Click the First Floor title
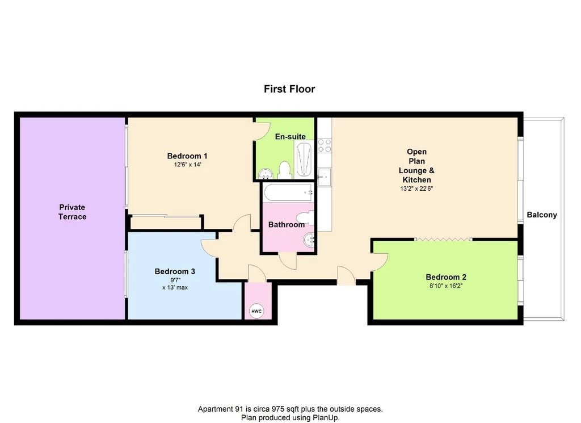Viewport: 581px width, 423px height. coord(289,89)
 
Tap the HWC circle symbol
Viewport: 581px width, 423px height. coord(256,311)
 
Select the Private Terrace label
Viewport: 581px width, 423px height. coord(72,212)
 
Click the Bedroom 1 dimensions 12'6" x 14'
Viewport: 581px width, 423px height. coord(187,165)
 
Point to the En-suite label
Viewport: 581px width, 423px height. coord(290,137)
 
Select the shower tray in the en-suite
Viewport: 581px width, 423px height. coord(304,158)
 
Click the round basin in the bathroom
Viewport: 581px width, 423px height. coord(309,240)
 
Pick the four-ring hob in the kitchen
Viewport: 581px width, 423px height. coord(325,145)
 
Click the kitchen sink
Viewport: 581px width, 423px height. coord(324,177)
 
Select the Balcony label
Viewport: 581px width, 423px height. coord(542,215)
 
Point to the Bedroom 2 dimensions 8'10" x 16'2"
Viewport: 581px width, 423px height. coord(446,286)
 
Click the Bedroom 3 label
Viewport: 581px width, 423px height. coord(175,271)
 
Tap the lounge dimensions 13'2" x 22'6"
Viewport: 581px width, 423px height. coord(416,189)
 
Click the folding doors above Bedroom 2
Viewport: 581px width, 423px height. coord(444,240)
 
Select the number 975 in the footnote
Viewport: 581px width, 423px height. coord(278,409)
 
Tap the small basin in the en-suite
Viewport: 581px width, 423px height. coord(265,173)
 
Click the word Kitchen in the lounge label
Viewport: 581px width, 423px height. coord(417,180)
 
